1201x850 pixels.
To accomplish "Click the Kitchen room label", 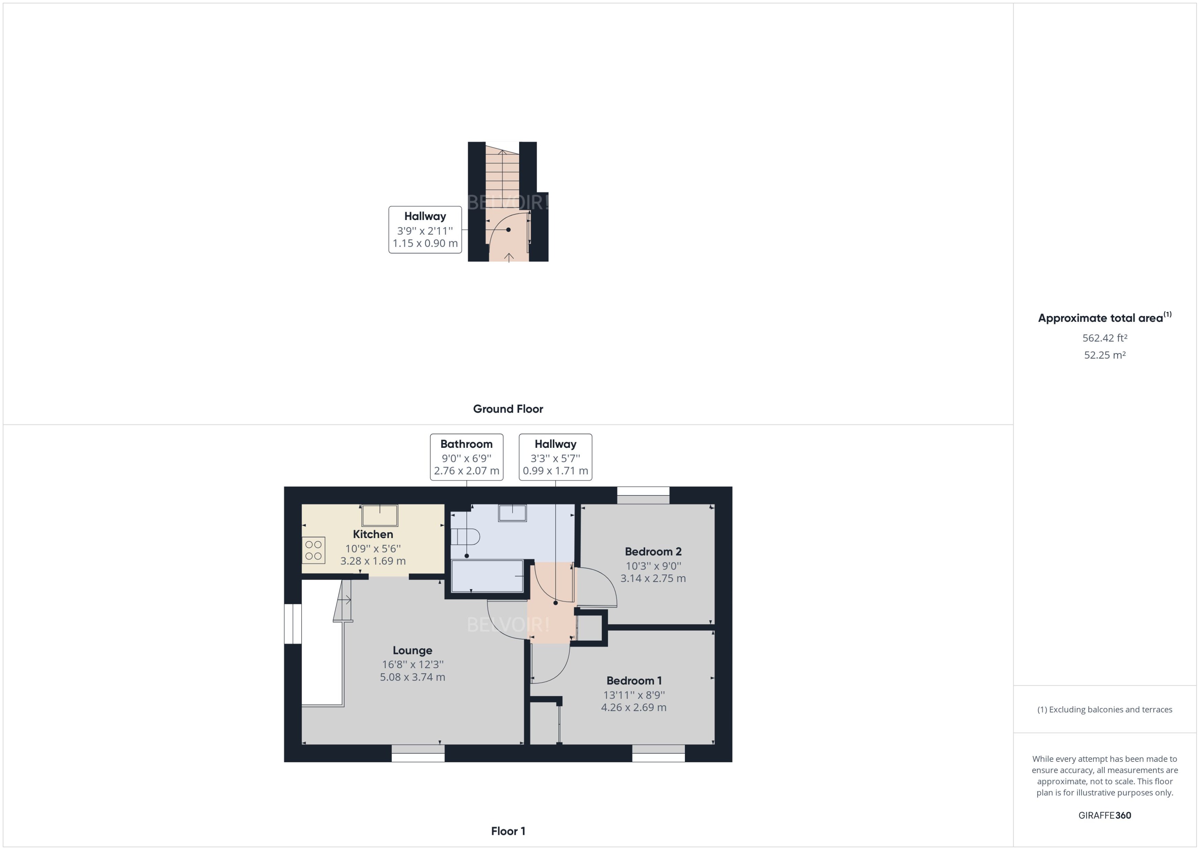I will click(x=373, y=534).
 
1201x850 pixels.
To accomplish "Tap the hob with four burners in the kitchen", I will click(x=314, y=550).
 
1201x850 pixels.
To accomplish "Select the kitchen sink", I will click(x=380, y=515).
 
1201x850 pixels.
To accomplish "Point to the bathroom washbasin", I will click(x=512, y=513).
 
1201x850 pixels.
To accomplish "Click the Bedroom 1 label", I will click(x=634, y=680).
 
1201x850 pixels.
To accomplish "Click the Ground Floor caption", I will click(x=508, y=409).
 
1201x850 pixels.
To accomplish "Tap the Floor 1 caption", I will click(x=508, y=831).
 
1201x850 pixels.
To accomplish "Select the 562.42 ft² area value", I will click(x=1105, y=338).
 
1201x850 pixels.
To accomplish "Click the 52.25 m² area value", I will click(x=1105, y=355).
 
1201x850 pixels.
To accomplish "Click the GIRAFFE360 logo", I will click(x=1105, y=815).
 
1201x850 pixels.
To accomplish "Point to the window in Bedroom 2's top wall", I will click(x=643, y=495).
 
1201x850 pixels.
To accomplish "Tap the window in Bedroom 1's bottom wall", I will click(x=658, y=753).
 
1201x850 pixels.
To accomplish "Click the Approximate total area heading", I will click(x=1104, y=318).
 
